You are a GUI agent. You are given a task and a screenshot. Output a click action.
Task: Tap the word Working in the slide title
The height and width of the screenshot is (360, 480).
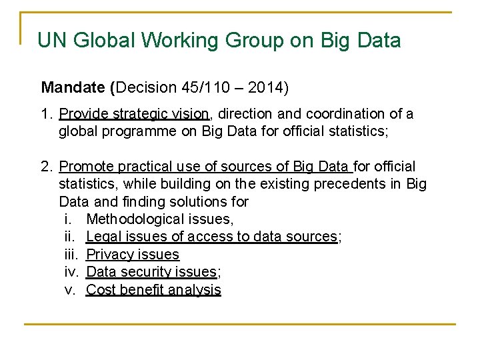coord(182,41)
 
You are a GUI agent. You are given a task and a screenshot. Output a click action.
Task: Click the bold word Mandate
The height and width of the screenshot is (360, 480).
coord(73,87)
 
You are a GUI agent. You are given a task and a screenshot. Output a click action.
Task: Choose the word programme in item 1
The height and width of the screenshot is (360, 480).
coord(139,131)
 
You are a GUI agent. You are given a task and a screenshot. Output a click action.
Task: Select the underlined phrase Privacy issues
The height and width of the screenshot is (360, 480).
coord(133,254)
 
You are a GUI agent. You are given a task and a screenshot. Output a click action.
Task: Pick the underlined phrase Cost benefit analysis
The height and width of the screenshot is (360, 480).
coord(153,289)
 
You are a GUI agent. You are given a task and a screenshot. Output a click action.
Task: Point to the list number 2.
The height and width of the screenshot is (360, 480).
coord(47,167)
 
